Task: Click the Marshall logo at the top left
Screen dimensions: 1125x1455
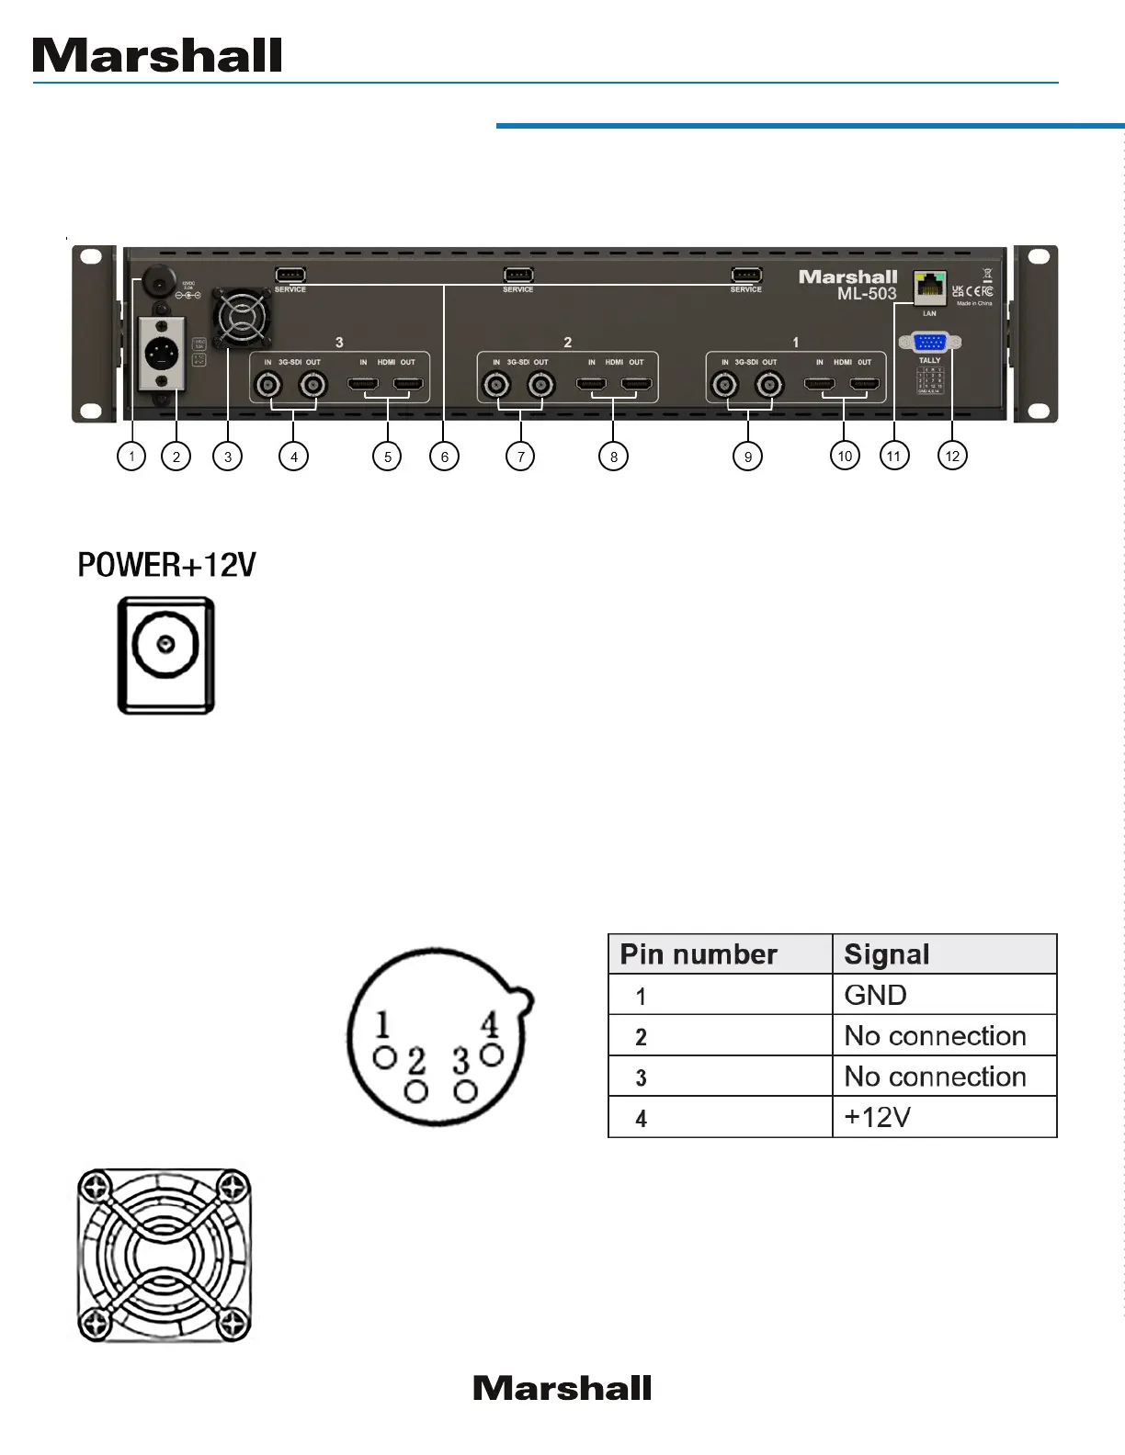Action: click(157, 56)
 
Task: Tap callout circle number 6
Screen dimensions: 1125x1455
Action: click(445, 457)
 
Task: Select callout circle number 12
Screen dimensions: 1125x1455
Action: click(952, 456)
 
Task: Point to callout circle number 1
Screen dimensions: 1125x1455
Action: click(131, 456)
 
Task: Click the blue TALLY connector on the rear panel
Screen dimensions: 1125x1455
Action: click(929, 343)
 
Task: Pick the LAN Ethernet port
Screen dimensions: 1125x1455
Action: click(929, 288)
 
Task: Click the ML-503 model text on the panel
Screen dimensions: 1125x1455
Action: click(866, 294)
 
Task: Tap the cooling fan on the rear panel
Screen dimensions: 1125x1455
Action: click(241, 318)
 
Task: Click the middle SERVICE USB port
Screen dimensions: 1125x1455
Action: click(518, 275)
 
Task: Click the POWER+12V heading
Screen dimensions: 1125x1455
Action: click(166, 565)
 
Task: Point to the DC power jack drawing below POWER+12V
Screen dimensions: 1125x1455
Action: click(166, 654)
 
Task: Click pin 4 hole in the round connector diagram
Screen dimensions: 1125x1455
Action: click(492, 1055)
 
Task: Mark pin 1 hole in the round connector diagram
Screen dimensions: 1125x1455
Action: click(384, 1057)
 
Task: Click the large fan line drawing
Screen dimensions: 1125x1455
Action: click(164, 1255)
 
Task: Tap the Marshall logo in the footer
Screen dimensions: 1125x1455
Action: click(562, 1388)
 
